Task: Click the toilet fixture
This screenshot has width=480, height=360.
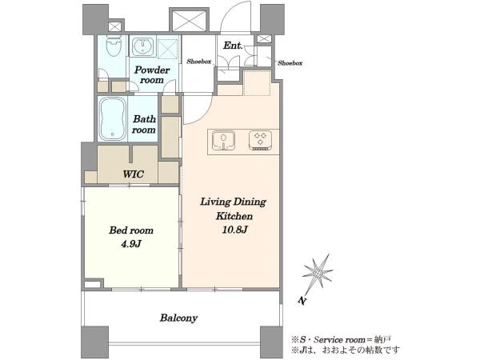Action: pyautogui.click(x=114, y=46)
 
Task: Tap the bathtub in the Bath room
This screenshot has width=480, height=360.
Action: pyautogui.click(x=113, y=118)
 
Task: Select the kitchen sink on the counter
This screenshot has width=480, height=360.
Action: pyautogui.click(x=224, y=141)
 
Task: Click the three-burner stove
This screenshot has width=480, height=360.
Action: pyautogui.click(x=260, y=141)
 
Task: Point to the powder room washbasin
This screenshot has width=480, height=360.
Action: pyautogui.click(x=143, y=46)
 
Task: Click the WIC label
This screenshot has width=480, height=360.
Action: pyautogui.click(x=133, y=174)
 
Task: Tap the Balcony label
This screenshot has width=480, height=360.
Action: pyautogui.click(x=178, y=318)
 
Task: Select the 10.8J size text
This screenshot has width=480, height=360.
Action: pyautogui.click(x=234, y=230)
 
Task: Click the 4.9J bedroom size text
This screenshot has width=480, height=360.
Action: pyautogui.click(x=131, y=244)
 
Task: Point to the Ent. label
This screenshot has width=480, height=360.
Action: pyautogui.click(x=233, y=46)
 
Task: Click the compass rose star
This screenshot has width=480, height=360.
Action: pyautogui.click(x=318, y=271)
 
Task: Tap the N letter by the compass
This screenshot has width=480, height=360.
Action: pyautogui.click(x=302, y=301)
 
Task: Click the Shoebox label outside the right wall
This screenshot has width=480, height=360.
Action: pyautogui.click(x=290, y=63)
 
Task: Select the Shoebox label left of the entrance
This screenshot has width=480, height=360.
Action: pyautogui.click(x=199, y=62)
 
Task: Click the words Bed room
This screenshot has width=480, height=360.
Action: pyautogui.click(x=131, y=230)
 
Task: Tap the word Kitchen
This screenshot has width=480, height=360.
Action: pyautogui.click(x=234, y=216)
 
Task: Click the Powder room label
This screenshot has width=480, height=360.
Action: pyautogui.click(x=152, y=74)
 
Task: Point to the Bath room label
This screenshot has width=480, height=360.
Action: pyautogui.click(x=144, y=124)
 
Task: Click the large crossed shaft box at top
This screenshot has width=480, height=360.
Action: pyautogui.click(x=189, y=21)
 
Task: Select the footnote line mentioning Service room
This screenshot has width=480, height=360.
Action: pyautogui.click(x=341, y=339)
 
